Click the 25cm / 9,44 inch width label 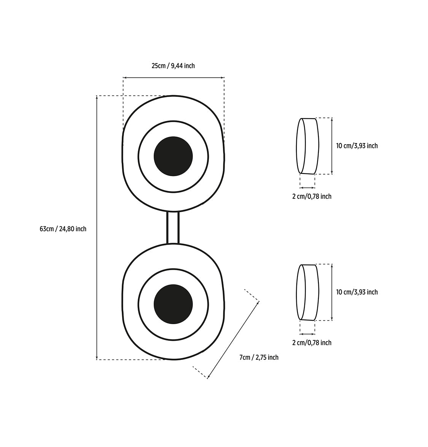pyautogui.click(x=173, y=66)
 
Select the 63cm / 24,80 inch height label pyautogui.click(x=63, y=229)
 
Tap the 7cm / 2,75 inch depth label pyautogui.click(x=259, y=358)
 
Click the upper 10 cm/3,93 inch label pyautogui.click(x=357, y=146)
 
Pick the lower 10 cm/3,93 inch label pyautogui.click(x=357, y=292)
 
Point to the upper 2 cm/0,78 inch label pyautogui.click(x=312, y=196)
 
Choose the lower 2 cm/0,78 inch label pyautogui.click(x=312, y=343)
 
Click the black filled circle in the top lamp pyautogui.click(x=173, y=156)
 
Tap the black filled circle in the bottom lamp pyautogui.click(x=173, y=304)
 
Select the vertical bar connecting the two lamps pyautogui.click(x=173, y=227)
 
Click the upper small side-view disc pyautogui.click(x=308, y=146)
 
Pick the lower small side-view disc pyautogui.click(x=308, y=293)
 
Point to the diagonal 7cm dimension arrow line pyautogui.click(x=233, y=340)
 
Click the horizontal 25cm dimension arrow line pyautogui.click(x=173, y=77)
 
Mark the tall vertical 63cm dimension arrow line pyautogui.click(x=97, y=227)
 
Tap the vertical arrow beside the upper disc pyautogui.click(x=332, y=146)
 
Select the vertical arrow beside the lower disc pyautogui.click(x=332, y=293)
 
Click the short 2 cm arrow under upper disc pyautogui.click(x=307, y=188)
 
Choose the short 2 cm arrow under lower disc pyautogui.click(x=307, y=334)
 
